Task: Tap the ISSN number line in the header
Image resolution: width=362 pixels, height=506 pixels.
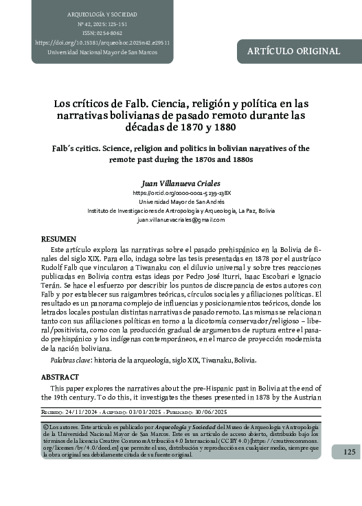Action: [102, 32]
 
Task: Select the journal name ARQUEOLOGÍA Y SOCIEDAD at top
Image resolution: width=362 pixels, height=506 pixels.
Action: [101, 14]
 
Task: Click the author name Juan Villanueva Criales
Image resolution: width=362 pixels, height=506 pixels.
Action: [181, 184]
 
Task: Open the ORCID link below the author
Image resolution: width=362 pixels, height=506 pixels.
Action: [181, 194]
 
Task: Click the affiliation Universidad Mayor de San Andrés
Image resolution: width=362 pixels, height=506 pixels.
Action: [181, 203]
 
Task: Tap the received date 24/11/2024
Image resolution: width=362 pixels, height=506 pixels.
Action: [83, 413]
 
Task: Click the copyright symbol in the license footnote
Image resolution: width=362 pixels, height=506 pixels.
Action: [45, 427]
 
